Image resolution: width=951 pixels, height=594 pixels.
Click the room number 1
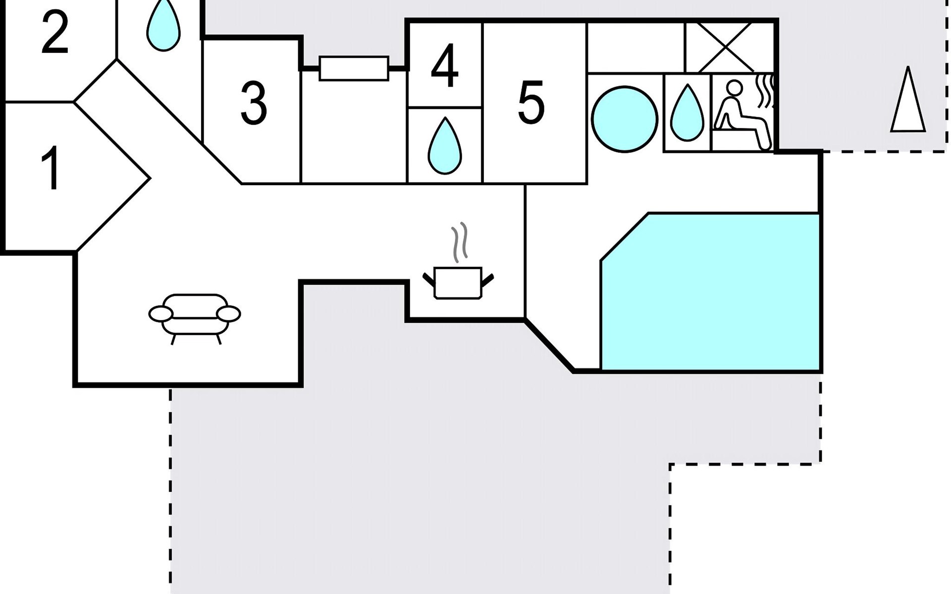click(51, 168)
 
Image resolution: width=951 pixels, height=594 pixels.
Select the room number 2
click(54, 32)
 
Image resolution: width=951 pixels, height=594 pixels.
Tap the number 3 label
click(254, 103)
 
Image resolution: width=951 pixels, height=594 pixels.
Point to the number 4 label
click(445, 65)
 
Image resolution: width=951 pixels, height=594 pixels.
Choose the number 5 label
click(531, 102)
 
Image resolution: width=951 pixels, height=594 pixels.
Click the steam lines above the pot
click(459, 243)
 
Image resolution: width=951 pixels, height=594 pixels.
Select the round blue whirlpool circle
click(625, 119)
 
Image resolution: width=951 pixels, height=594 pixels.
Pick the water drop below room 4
click(445, 146)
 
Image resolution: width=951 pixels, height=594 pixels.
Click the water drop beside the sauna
click(687, 113)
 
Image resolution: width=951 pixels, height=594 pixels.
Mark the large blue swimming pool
click(710, 292)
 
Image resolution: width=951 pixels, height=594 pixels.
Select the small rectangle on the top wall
click(354, 68)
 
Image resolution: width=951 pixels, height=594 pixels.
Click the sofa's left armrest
click(160, 314)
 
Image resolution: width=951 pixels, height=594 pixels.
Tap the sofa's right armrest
click(228, 314)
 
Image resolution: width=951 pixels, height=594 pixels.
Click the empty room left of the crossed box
click(636, 48)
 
